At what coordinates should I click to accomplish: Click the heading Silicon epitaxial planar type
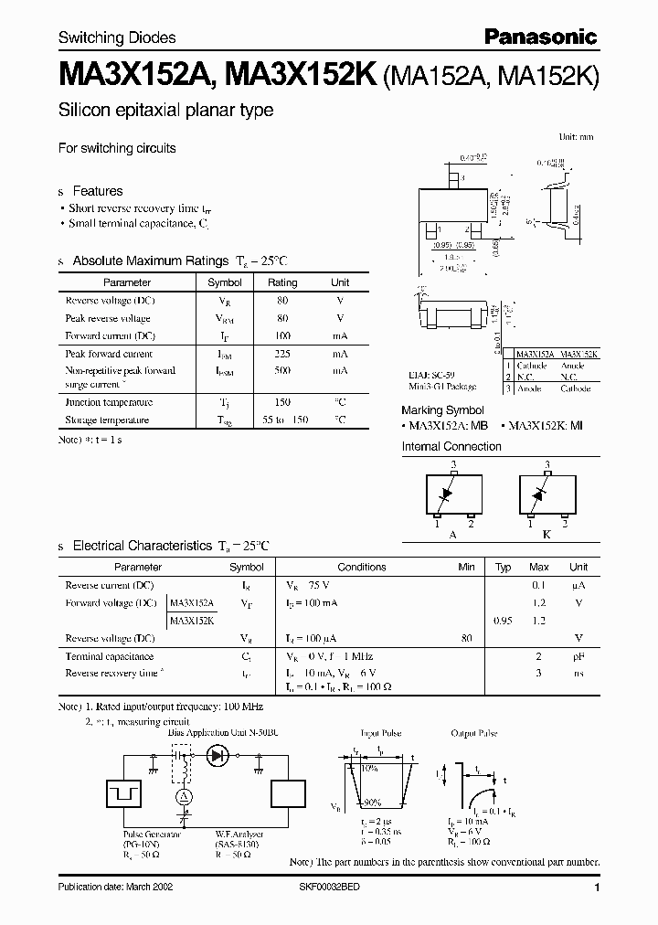click(x=165, y=111)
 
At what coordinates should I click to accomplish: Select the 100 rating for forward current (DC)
click(x=282, y=335)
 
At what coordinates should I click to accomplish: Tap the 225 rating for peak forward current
click(x=282, y=354)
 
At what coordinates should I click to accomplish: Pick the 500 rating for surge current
click(x=282, y=371)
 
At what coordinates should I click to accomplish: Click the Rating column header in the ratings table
click(x=282, y=282)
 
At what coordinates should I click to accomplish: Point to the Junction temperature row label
click(x=109, y=402)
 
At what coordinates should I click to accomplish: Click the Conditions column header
click(x=362, y=567)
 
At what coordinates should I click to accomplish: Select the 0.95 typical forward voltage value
click(x=503, y=621)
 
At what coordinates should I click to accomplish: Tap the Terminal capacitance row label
click(x=109, y=656)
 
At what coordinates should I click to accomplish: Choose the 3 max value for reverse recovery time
click(x=539, y=674)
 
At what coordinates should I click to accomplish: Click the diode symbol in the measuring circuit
click(x=218, y=756)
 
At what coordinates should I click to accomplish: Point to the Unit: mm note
click(x=576, y=136)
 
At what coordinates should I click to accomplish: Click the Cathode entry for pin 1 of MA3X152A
click(x=532, y=366)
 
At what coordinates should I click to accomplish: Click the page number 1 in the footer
click(x=597, y=888)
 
